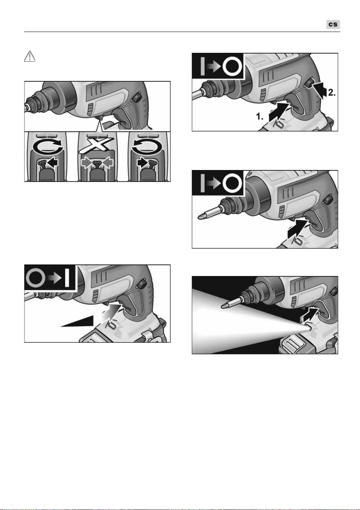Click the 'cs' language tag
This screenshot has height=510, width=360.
coord(333,24)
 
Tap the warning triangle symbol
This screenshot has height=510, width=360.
coord(30,56)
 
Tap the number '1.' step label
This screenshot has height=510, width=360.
coord(259,116)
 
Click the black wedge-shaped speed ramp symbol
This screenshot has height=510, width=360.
coord(77,321)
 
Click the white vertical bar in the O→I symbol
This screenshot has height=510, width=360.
coord(67,278)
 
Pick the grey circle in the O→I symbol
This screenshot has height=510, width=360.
coord(35,278)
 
